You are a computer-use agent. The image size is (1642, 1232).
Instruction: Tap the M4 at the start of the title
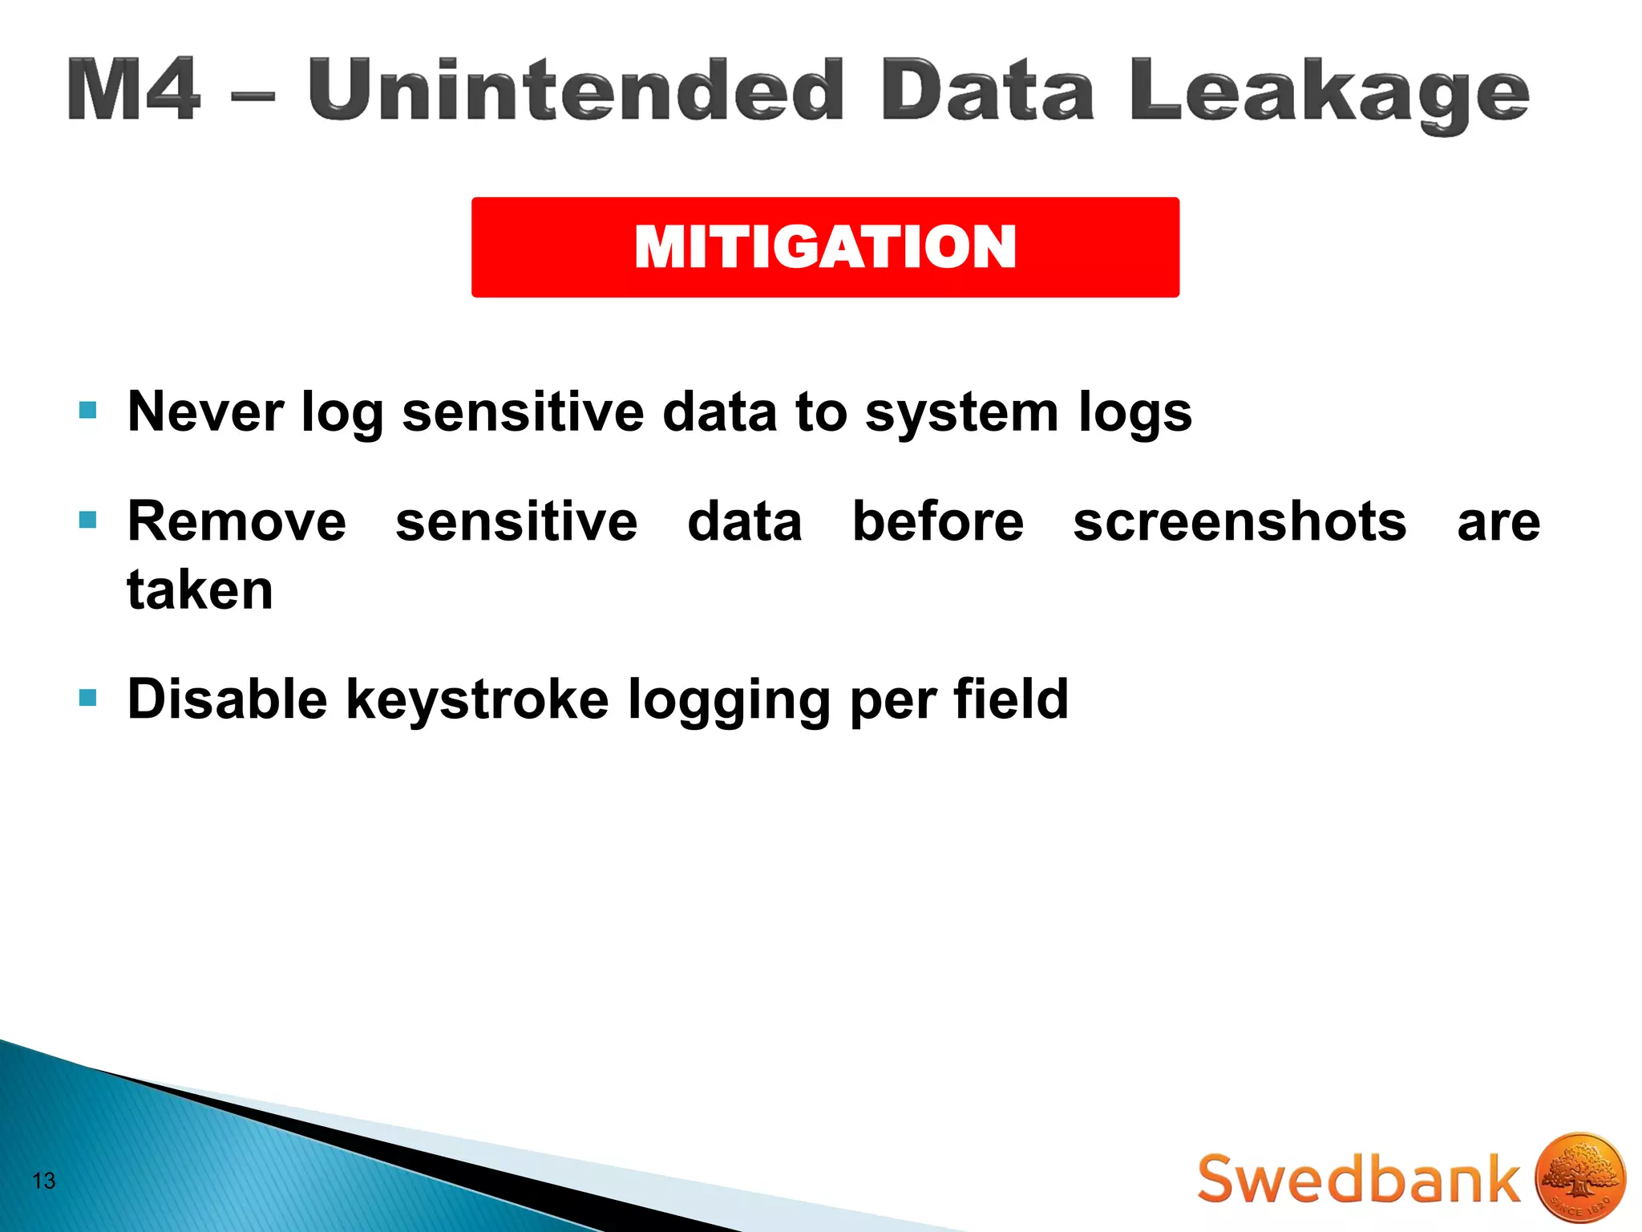[x=133, y=90]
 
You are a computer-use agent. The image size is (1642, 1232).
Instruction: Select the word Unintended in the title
[x=576, y=90]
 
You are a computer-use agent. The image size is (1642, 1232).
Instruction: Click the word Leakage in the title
[x=1329, y=93]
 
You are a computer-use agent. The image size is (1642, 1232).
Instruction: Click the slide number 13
[x=44, y=1181]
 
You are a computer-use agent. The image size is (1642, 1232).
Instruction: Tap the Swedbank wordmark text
[x=1358, y=1179]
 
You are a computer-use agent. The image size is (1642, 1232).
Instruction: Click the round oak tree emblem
[x=1579, y=1177]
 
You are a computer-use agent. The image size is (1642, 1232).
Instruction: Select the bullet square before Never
[x=88, y=411]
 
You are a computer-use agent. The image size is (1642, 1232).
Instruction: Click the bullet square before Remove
[x=88, y=521]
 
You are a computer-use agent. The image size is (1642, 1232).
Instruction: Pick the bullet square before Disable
[x=88, y=698]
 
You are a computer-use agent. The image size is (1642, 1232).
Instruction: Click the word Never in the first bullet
[x=205, y=411]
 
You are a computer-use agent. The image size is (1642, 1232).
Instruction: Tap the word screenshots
[x=1240, y=521]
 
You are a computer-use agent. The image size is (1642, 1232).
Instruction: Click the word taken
[x=200, y=590]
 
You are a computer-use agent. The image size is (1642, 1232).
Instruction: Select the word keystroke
[x=477, y=699]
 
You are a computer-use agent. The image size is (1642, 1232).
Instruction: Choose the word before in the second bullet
[x=937, y=521]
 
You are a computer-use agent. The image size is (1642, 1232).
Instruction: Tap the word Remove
[x=237, y=521]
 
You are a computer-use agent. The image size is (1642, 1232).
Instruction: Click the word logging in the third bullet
[x=728, y=700]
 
